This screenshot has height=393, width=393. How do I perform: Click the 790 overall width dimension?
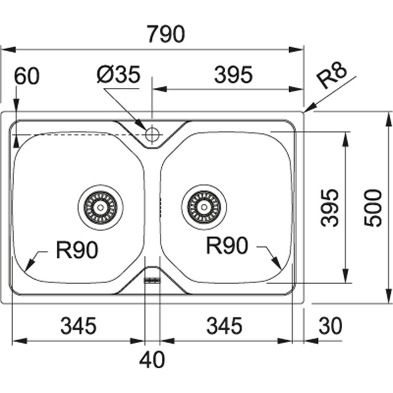coord(166,34)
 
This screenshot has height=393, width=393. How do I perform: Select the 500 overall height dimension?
coord(373,208)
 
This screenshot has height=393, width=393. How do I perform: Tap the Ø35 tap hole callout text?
coord(118,75)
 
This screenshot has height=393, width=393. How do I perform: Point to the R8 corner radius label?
coord(332,76)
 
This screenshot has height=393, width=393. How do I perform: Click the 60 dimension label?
coord(27,76)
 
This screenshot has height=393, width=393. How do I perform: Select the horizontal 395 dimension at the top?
coord(233,75)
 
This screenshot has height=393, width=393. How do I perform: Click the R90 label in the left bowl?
coord(77,250)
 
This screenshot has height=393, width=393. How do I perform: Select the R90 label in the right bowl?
coord(227,246)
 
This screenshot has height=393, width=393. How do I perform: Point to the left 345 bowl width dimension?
coord(79,326)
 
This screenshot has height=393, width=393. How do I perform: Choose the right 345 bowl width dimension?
coord(224,326)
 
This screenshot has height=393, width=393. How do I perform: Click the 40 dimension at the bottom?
coord(152,361)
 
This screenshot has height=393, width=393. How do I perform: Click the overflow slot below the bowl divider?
coord(152,281)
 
